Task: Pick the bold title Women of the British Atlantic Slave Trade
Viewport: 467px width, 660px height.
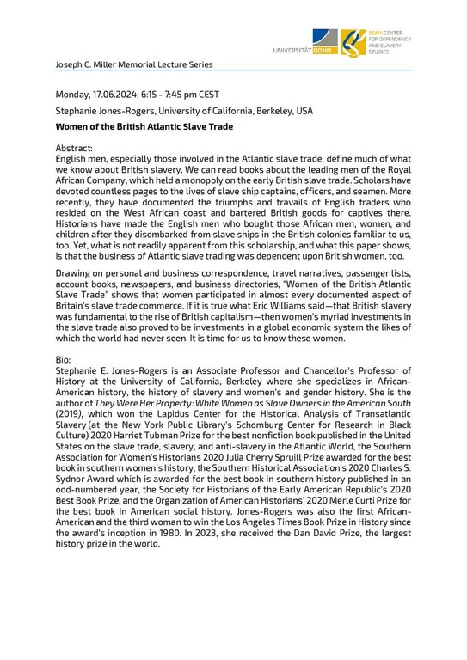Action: (x=144, y=127)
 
